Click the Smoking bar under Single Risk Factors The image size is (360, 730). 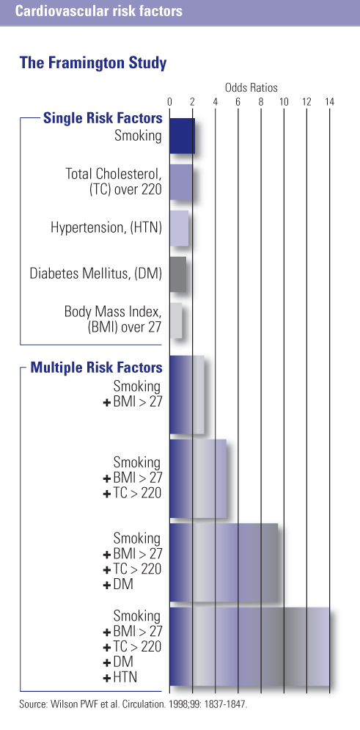pos(182,136)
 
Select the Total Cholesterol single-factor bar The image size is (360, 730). pos(180,183)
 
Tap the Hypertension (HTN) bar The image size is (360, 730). pos(179,227)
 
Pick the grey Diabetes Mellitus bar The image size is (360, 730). pos(177,274)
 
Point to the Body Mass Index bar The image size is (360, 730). pos(175,320)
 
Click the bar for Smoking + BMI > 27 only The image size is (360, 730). pos(186,395)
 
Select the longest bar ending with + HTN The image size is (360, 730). pos(249,647)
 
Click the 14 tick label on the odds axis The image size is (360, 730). pos(329,103)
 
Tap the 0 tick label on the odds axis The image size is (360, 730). pos(169,103)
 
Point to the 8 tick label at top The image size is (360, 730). pos(261,103)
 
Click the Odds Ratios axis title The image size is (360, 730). pos(251,87)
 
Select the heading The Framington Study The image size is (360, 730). pos(93,63)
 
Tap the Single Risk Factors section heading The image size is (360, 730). pos(103,118)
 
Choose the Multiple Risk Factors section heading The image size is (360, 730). pos(96,367)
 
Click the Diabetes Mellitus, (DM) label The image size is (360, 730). pos(95,274)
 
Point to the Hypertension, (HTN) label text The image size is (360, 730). pos(106,227)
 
